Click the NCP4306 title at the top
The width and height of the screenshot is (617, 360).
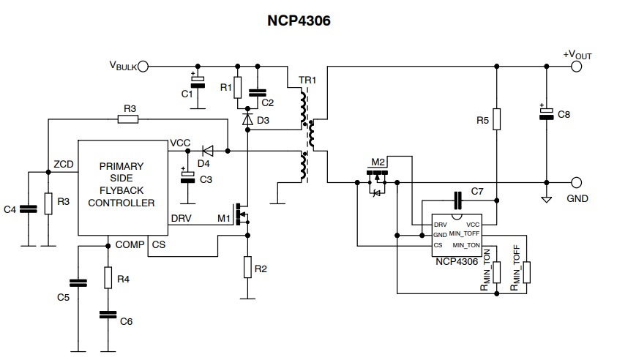pos(299,20)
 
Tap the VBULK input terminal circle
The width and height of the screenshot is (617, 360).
pos(143,67)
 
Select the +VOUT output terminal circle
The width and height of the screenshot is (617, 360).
pos(577,67)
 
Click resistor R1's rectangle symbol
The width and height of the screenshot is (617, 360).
pos(237,87)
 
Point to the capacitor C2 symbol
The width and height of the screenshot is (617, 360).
pos(258,93)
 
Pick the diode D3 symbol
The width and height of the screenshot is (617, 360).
pos(247,119)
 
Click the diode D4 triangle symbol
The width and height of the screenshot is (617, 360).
pos(207,151)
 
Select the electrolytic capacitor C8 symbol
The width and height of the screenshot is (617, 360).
pos(546,113)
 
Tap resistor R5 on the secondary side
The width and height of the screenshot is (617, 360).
pos(496,119)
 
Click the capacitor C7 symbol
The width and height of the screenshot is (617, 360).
pos(457,200)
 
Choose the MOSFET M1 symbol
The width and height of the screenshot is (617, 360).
pos(242,215)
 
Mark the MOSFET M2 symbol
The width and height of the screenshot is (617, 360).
pos(377,180)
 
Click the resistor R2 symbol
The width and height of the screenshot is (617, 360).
pos(247,267)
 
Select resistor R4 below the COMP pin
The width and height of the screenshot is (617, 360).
pos(108,277)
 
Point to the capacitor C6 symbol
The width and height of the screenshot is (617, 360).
pos(108,315)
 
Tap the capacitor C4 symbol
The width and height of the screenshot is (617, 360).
pos(29,209)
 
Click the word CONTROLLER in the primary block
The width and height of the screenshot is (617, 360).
pos(121,203)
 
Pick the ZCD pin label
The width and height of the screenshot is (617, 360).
pos(64,164)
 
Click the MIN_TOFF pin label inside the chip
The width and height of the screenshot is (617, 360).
pos(464,233)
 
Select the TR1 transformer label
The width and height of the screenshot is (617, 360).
pos(307,80)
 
